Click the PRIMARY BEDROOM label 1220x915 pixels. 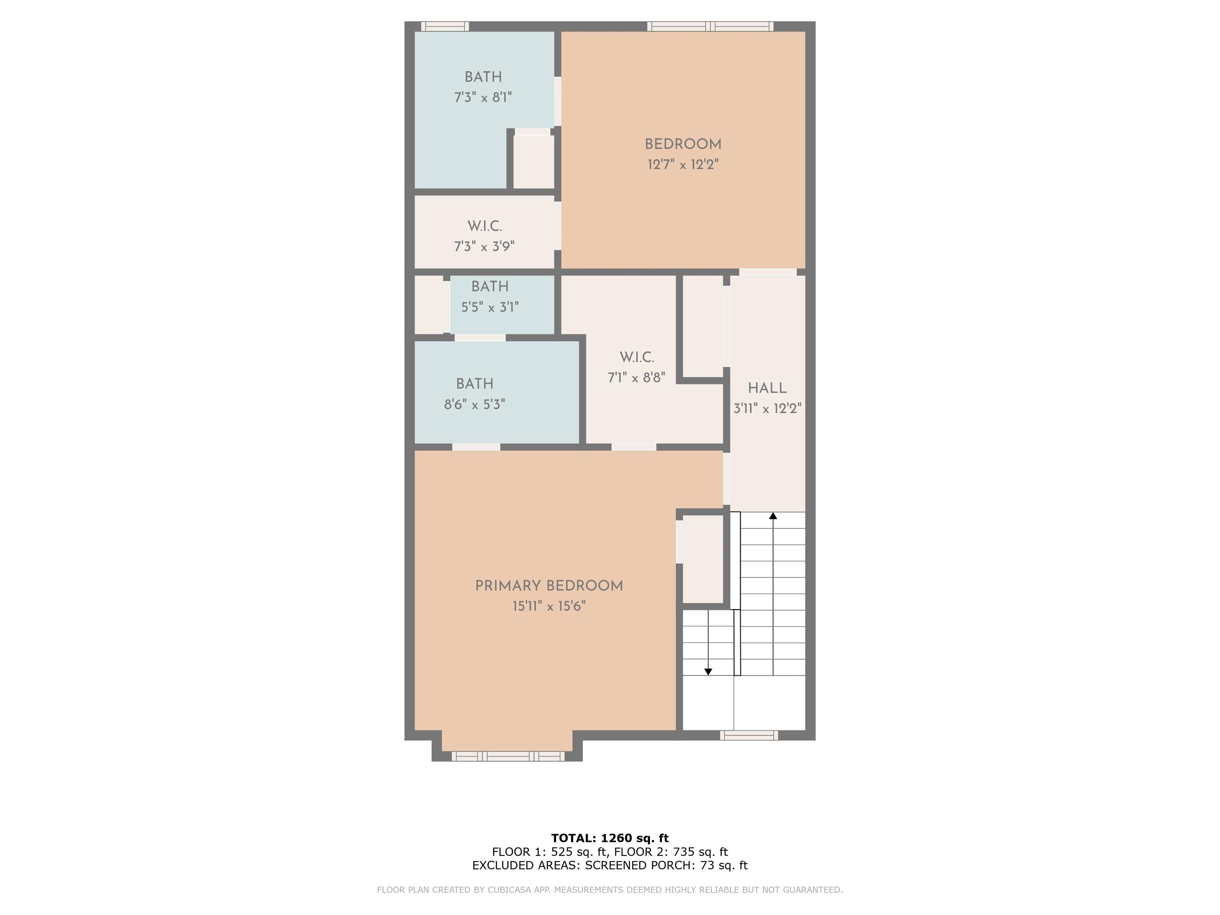coord(549,586)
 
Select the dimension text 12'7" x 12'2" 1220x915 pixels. coord(683,164)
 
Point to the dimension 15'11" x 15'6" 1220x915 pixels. coord(549,606)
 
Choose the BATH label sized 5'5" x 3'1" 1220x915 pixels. coord(490,287)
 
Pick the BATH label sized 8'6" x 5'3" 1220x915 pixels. coord(474,384)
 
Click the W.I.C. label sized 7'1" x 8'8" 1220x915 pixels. coord(637,357)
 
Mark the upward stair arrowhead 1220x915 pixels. coord(773,516)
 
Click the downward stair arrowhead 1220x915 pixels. coord(708,672)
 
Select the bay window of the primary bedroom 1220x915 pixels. coord(508,756)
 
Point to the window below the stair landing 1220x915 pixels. coord(749,735)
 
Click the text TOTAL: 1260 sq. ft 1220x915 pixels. coord(610,838)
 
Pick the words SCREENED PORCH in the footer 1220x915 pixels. coord(639,865)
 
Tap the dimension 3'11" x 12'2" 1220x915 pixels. coord(767,409)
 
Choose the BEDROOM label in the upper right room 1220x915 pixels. coord(683,145)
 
